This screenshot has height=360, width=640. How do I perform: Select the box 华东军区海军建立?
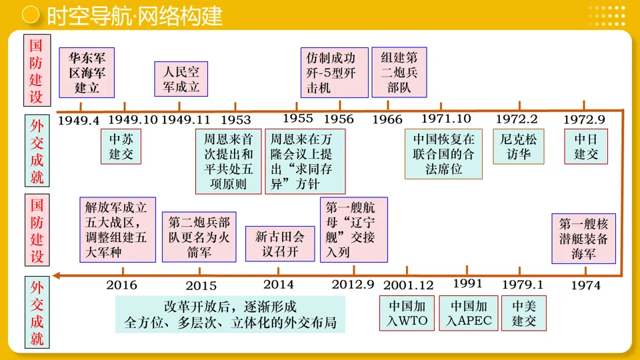tap(87, 72)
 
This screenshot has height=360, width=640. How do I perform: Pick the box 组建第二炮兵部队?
tap(399, 71)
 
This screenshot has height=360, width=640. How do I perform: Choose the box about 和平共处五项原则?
tap(229, 161)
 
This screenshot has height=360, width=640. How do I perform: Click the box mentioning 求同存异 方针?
tap(305, 161)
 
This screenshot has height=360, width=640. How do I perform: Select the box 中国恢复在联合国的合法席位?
tap(443, 154)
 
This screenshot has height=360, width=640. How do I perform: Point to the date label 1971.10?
tap(446, 119)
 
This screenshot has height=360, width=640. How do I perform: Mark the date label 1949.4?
tap(78, 121)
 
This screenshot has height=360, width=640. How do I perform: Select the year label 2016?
tap(121, 285)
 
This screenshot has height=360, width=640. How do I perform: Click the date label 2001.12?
tap(409, 285)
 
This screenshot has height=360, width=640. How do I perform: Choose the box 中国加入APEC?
tap(469, 313)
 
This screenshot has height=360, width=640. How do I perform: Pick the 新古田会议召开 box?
tap(279, 243)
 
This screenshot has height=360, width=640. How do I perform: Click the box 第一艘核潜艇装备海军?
tap(584, 239)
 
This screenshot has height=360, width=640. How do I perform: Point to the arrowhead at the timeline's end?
tap(57, 275)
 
